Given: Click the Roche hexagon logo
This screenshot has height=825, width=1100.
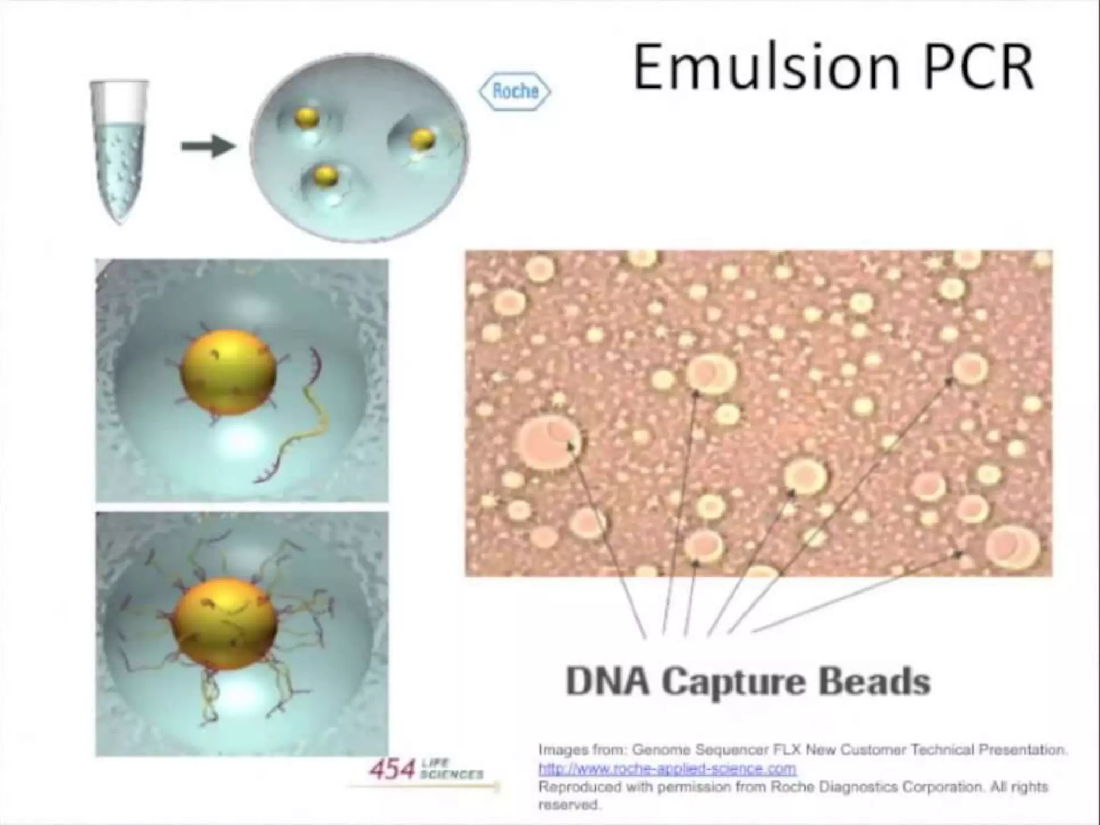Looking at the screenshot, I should pos(515,91).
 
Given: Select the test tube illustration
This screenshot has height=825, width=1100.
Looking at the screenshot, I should pos(120,150).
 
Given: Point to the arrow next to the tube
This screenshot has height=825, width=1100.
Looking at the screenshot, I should pos(208,146).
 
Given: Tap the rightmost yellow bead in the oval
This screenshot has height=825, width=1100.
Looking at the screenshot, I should pos(422,139).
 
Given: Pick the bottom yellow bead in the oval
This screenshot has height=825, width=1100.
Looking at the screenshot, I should pos(325,175).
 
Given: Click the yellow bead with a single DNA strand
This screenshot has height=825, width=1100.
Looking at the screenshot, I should pos(228,372).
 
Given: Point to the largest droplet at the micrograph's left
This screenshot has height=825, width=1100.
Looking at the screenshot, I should pos(548,442).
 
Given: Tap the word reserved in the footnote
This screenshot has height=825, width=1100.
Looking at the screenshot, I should pos(568,805).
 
